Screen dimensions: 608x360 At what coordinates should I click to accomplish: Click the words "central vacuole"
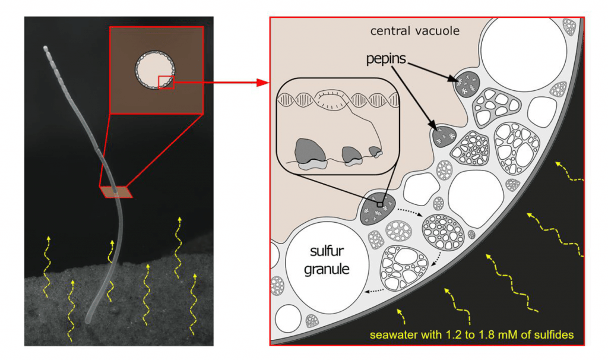414,31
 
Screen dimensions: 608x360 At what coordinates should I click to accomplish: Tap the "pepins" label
386,59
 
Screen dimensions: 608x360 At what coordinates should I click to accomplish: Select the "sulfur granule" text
327,260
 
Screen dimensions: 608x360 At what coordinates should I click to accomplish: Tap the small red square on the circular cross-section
166,82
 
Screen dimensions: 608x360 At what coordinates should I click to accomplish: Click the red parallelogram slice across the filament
116,192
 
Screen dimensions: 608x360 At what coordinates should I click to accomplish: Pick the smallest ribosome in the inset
376,151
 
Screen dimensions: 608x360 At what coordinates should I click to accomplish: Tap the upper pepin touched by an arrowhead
467,83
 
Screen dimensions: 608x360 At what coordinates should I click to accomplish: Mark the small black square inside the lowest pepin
380,204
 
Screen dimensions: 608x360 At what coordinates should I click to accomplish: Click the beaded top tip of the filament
46,49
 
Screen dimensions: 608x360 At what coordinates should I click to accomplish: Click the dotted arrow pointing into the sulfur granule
375,290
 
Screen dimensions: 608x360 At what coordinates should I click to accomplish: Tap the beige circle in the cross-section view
155,70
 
